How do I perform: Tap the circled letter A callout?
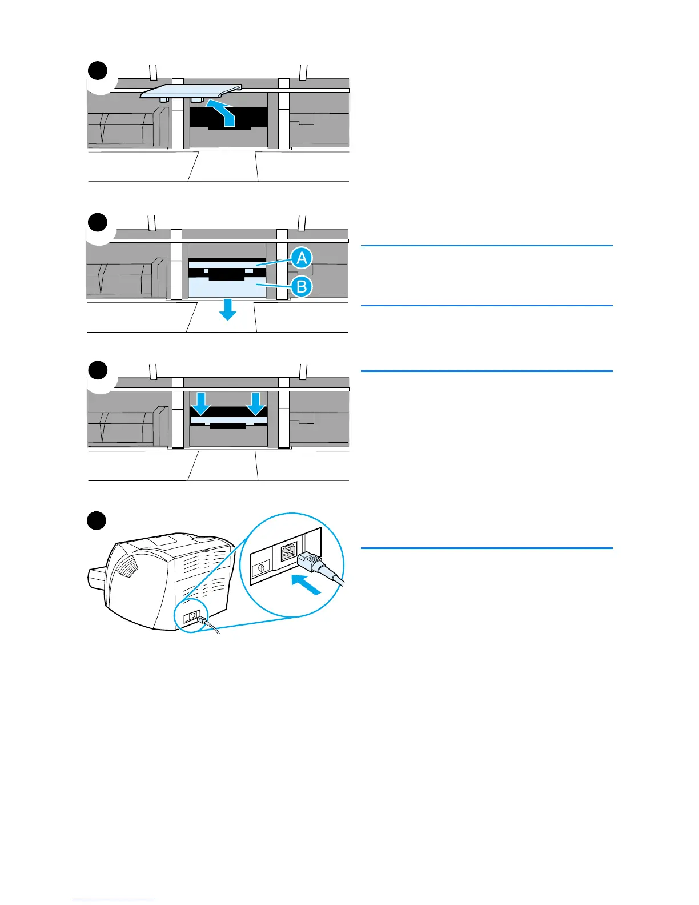click(x=301, y=258)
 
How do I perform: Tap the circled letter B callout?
click(x=301, y=286)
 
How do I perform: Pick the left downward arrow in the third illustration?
click(x=200, y=403)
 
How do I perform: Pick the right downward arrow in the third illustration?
click(x=256, y=403)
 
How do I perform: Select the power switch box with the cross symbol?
click(x=260, y=568)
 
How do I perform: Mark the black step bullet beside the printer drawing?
click(x=97, y=521)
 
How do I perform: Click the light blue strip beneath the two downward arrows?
click(x=228, y=420)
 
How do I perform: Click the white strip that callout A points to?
click(x=227, y=265)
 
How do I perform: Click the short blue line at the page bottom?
click(x=113, y=900)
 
